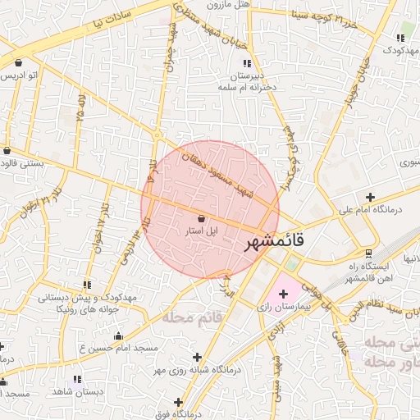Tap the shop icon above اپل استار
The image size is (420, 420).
(202, 218)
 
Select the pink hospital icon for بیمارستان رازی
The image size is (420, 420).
(284, 293)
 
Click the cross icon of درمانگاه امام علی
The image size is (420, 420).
(371, 197)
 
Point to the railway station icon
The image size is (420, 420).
(369, 253)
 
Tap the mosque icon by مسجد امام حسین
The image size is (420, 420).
(118, 336)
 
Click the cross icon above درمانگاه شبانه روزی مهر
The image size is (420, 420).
(197, 357)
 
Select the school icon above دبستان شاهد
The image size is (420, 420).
(78, 379)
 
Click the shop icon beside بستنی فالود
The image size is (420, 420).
(7, 151)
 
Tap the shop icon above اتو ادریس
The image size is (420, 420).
(18, 62)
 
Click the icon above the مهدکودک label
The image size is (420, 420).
(402, 38)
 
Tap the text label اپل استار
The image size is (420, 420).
(201, 232)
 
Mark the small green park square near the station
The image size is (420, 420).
(290, 265)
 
